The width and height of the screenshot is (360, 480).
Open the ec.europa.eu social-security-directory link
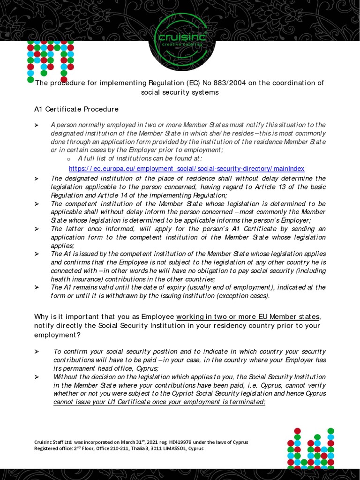[x=186, y=168]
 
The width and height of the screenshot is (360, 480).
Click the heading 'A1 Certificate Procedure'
[x=76, y=109]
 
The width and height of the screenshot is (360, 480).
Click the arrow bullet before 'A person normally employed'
[x=37, y=125]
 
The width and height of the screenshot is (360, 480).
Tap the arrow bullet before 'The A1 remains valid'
[x=37, y=287]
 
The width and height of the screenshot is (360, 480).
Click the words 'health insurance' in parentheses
[x=71, y=279]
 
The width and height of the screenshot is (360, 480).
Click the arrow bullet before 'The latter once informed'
[x=37, y=229]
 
